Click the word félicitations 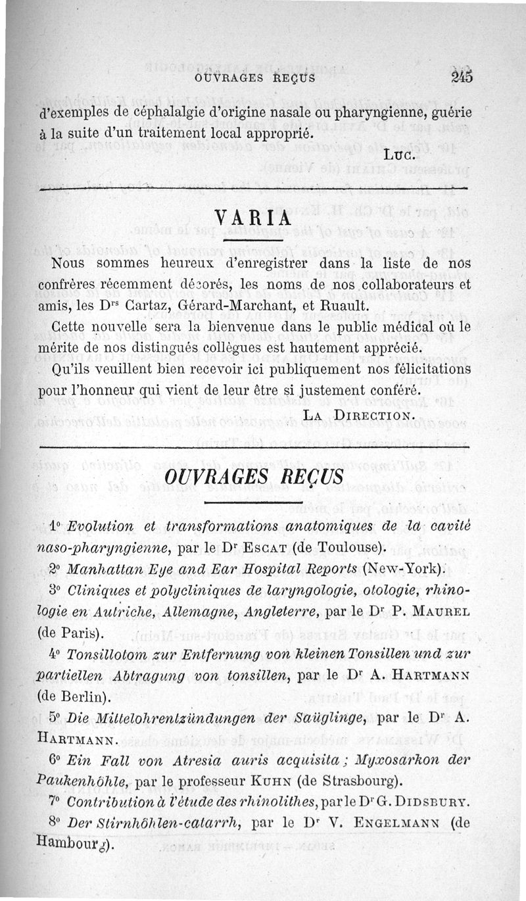click(429, 368)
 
